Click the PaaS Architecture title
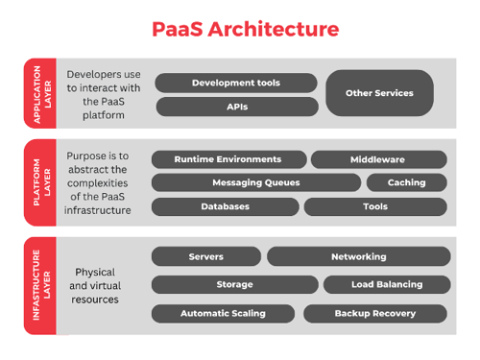point(246,29)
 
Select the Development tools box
point(235,84)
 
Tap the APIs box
point(235,107)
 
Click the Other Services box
point(379,93)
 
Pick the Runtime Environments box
point(228,159)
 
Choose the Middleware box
point(377,159)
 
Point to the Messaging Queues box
point(255,182)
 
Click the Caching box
point(407,182)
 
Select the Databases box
point(225,206)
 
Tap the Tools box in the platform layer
point(375,206)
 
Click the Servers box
point(205,256)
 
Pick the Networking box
point(358,256)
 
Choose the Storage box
point(234,284)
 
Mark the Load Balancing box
point(386,284)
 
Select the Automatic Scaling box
point(224,313)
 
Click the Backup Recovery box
point(375,313)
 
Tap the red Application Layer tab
point(40,93)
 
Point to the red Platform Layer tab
point(40,182)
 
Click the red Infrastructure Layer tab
point(40,285)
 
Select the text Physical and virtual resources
point(95,285)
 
